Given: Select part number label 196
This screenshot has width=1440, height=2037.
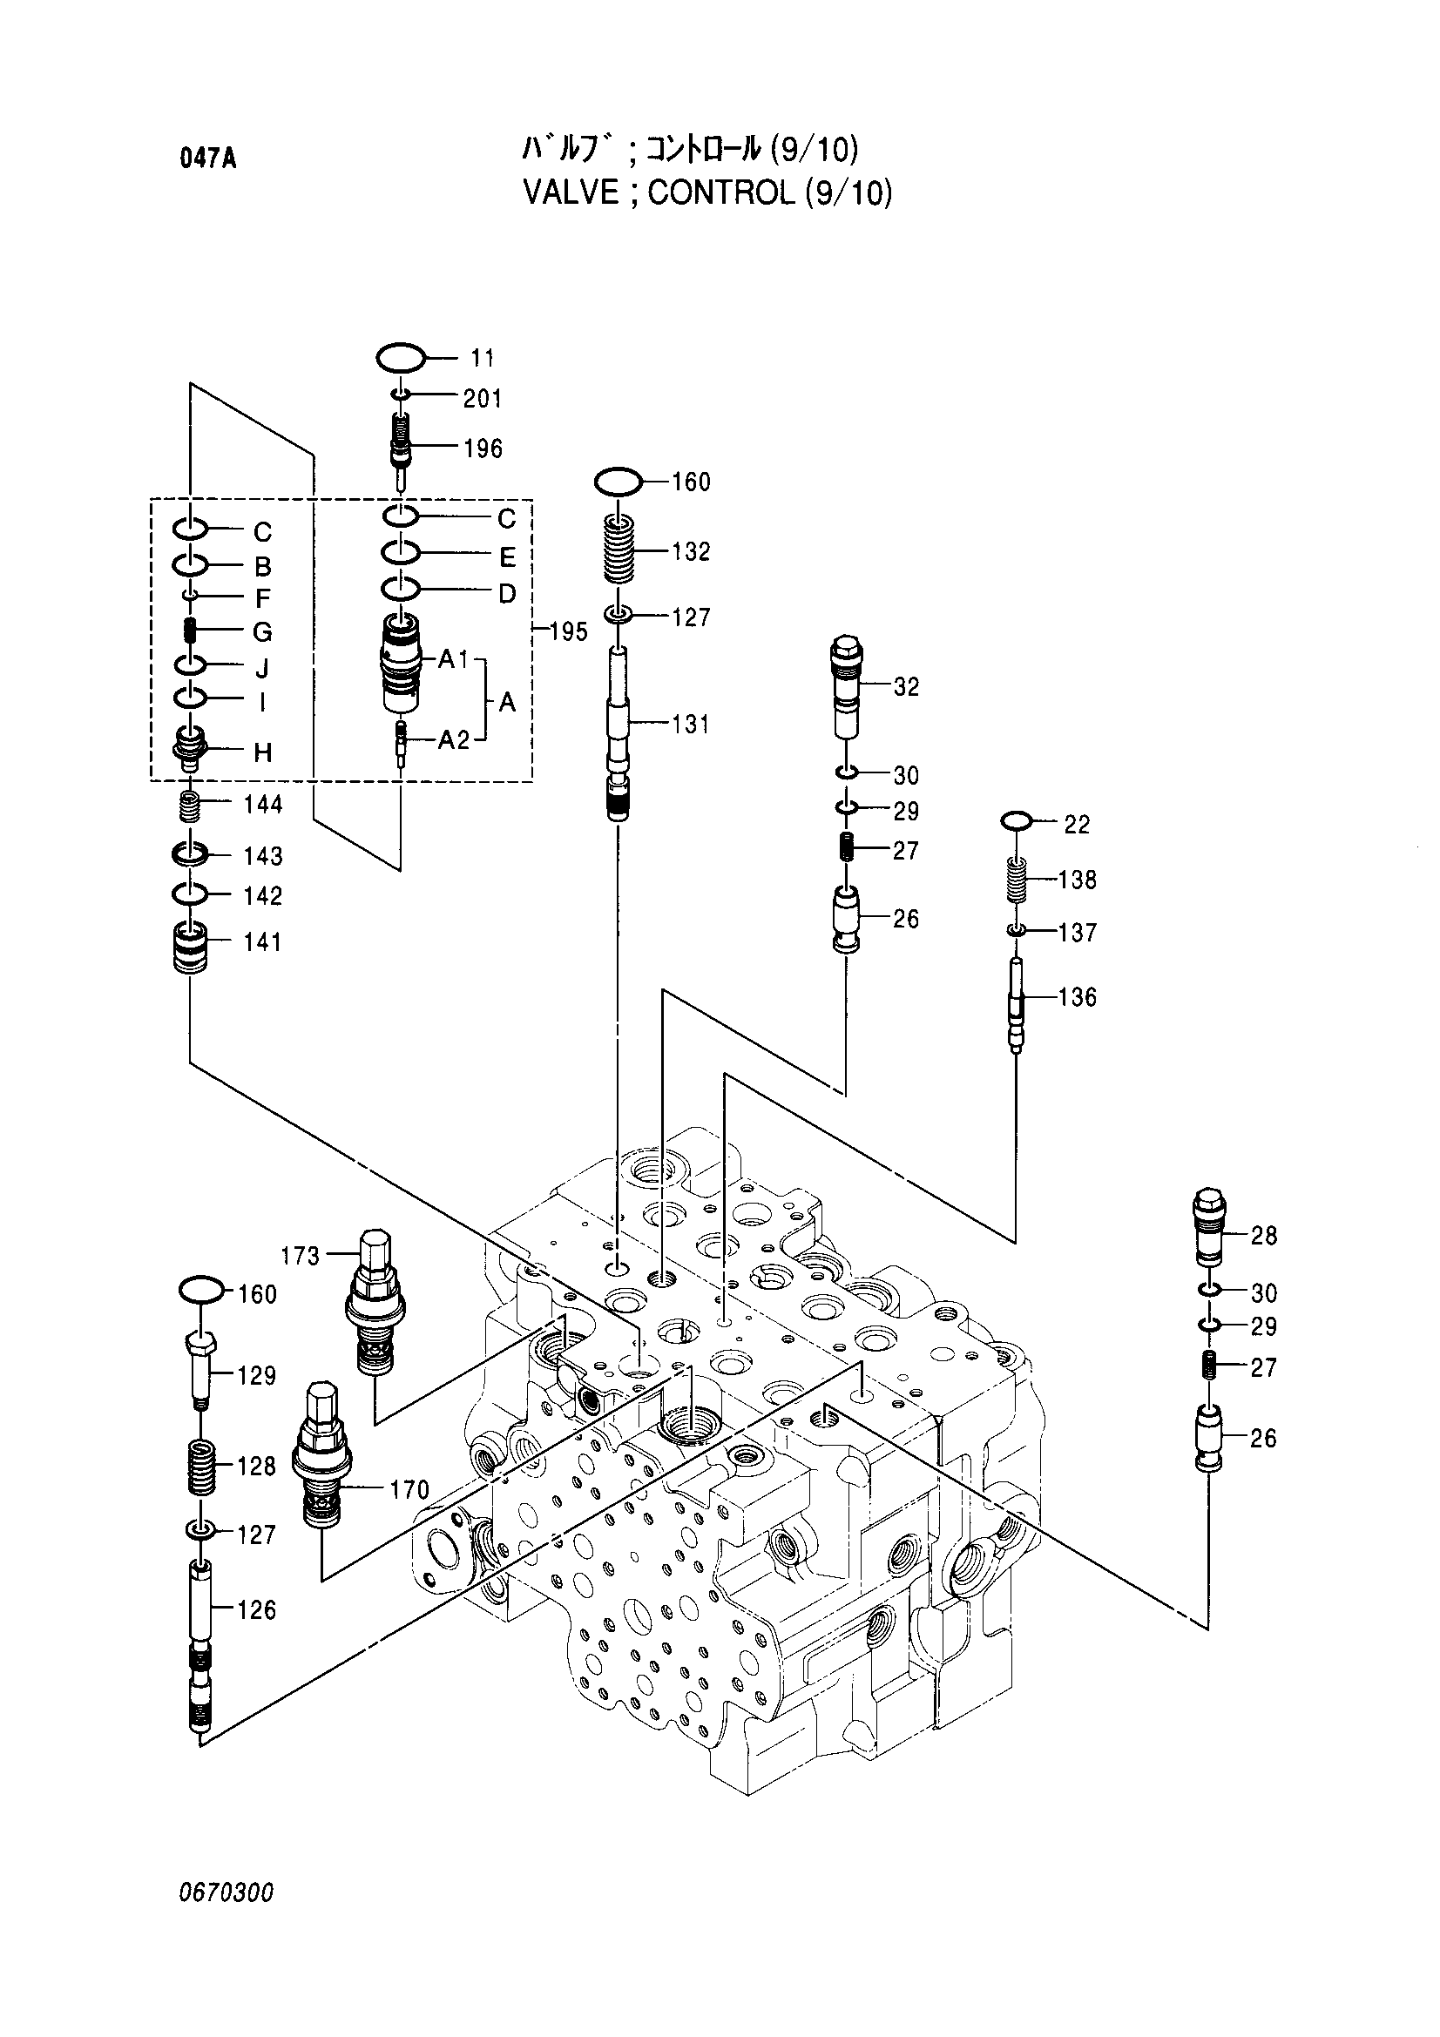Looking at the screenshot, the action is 483,449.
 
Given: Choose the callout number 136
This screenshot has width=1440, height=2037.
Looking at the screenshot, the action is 1078,997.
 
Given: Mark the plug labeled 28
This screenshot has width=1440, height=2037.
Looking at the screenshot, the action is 1210,1227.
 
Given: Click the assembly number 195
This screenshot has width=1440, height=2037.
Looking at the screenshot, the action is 569,632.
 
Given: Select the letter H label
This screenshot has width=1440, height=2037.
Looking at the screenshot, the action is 262,753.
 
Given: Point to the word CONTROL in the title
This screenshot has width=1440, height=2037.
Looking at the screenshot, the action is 721,192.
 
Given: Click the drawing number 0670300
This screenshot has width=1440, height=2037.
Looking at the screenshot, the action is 226,1893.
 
